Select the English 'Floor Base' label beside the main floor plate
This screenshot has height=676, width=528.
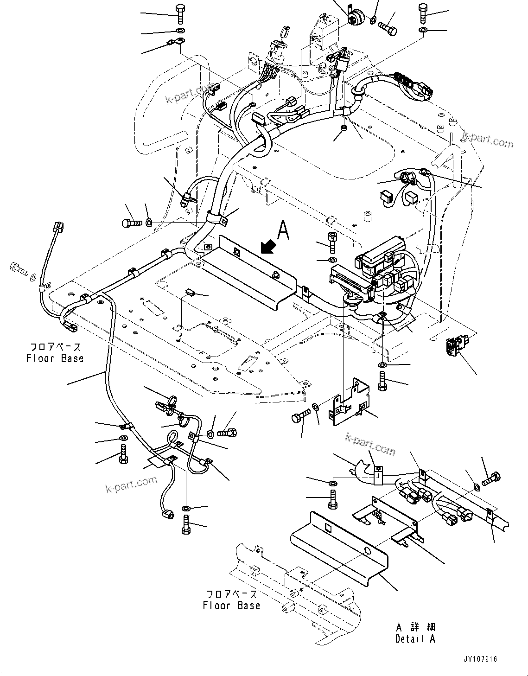[55, 358]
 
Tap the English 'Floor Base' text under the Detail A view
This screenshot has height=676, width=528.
[231, 606]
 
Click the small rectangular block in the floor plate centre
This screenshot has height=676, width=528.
[190, 292]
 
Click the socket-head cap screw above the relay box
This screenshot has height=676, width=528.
[332, 242]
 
